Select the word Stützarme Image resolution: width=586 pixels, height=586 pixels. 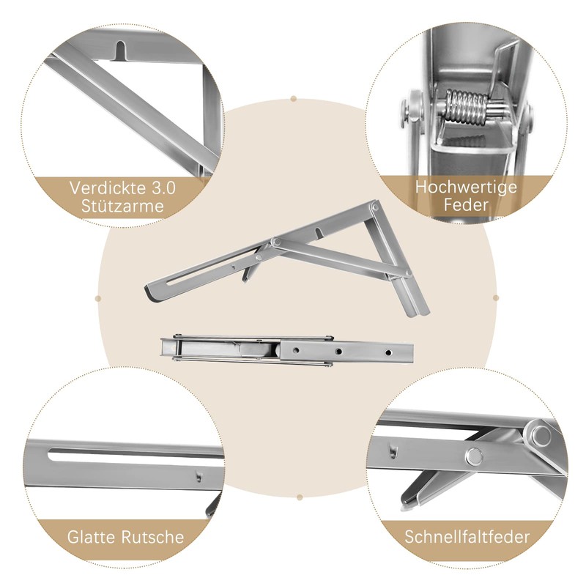(x=122, y=207)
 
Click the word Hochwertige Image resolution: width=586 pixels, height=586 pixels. (x=466, y=188)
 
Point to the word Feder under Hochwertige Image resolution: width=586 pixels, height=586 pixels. (x=466, y=205)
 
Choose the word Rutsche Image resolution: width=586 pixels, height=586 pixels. (x=152, y=537)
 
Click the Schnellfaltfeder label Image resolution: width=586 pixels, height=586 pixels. (x=467, y=537)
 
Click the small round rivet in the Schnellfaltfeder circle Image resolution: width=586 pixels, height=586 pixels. (x=474, y=456)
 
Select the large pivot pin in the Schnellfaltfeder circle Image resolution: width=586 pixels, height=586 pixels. (x=541, y=435)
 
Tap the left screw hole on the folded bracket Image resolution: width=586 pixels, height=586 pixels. (x=296, y=351)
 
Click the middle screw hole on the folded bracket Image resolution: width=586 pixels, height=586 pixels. (x=339, y=352)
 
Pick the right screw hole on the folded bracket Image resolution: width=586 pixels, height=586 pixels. (x=389, y=352)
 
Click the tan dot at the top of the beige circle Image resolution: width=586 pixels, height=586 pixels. (x=294, y=99)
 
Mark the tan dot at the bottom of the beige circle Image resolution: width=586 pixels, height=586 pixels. (x=300, y=497)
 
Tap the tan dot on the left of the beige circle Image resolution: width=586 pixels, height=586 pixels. (x=98, y=298)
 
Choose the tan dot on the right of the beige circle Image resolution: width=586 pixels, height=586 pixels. (x=496, y=298)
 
